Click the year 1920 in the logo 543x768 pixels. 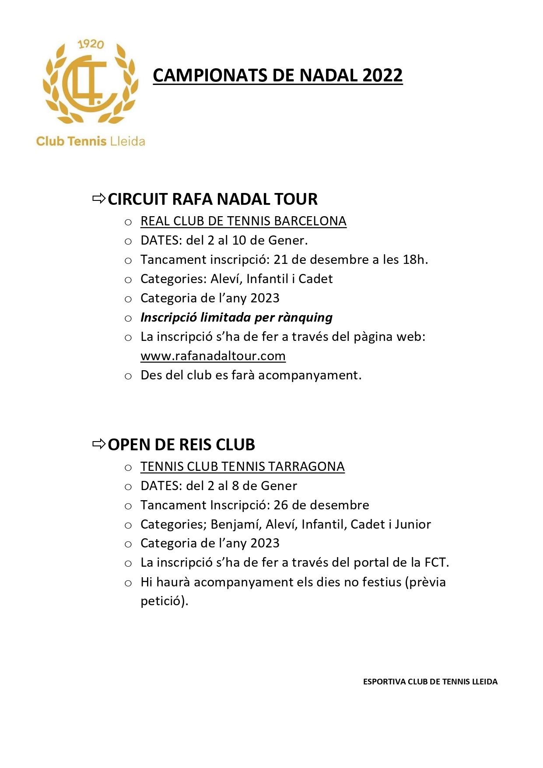tap(91, 44)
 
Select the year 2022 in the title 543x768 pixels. tap(382, 75)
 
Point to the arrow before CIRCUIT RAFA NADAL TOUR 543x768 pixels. tap(99, 199)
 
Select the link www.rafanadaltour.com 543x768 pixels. tap(213, 356)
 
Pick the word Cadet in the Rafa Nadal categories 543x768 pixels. tap(315, 279)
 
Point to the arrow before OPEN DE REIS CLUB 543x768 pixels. tap(99, 444)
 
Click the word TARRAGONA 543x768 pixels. tap(306, 466)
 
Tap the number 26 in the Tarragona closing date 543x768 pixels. tap(281, 505)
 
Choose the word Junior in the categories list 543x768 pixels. tap(413, 524)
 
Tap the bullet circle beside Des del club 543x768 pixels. tap(128, 376)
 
